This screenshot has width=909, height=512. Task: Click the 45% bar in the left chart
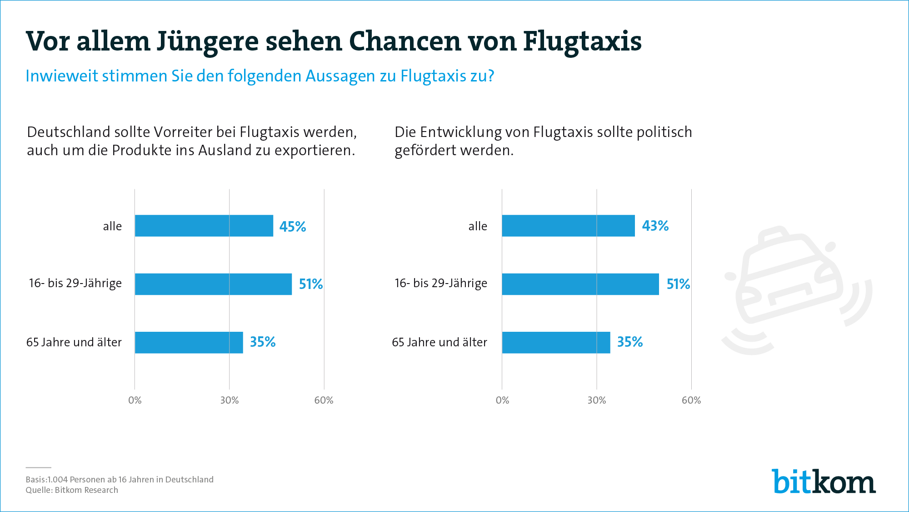(204, 226)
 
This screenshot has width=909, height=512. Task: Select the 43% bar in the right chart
(568, 226)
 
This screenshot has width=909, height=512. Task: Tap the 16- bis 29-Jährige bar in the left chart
(213, 284)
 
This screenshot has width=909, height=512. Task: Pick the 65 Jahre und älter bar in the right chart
(556, 342)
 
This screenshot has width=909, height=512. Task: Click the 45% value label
(293, 227)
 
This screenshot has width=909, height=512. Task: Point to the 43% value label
(655, 226)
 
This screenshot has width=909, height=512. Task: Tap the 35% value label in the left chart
(263, 342)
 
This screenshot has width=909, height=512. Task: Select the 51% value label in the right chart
(678, 284)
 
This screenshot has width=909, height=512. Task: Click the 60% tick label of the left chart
(324, 400)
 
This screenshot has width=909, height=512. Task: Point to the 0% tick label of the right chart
(502, 400)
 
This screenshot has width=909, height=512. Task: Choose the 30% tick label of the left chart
(230, 400)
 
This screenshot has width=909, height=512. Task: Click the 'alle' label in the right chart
(478, 226)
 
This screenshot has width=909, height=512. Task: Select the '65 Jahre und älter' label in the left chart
(74, 342)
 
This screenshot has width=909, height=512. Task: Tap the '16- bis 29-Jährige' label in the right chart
(441, 283)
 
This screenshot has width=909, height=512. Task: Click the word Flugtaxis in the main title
(582, 42)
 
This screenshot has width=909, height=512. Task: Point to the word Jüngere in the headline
(208, 42)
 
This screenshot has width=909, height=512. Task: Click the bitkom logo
(824, 481)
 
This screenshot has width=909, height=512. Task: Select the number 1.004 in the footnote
(57, 480)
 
